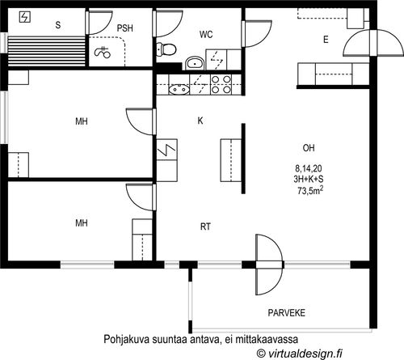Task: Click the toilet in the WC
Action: pyautogui.click(x=166, y=49)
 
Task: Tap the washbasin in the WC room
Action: pyautogui.click(x=195, y=63)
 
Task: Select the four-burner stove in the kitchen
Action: pyautogui.click(x=221, y=84)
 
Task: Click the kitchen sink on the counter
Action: pyautogui.click(x=179, y=89)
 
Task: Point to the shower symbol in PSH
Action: pyautogui.click(x=103, y=52)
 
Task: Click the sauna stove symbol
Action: pyautogui.click(x=25, y=17)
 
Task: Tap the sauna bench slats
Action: pyautogui.click(x=46, y=51)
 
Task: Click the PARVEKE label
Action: pyautogui.click(x=287, y=313)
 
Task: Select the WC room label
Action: pyautogui.click(x=206, y=35)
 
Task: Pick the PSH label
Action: pyautogui.click(x=125, y=28)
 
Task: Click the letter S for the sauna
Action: pyautogui.click(x=58, y=25)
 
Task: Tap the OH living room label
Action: pyautogui.click(x=309, y=148)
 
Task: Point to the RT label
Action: pyautogui.click(x=205, y=227)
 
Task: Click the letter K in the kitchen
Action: pyautogui.click(x=200, y=121)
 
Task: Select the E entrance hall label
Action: pyautogui.click(x=326, y=40)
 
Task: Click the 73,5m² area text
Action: pyautogui.click(x=310, y=190)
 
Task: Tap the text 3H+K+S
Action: pyautogui.click(x=309, y=180)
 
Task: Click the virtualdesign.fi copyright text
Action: pyautogui.click(x=300, y=353)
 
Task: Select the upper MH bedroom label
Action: pyautogui.click(x=82, y=121)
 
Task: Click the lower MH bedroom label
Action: pyautogui.click(x=82, y=223)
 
